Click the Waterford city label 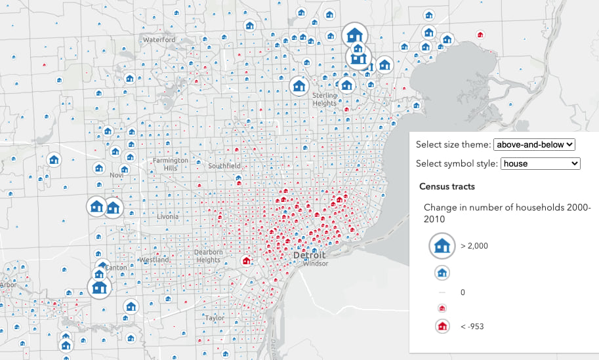[x=159, y=40]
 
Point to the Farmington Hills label [x=170, y=164]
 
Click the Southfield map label [x=224, y=167]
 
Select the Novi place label [x=117, y=175]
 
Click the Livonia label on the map [x=167, y=216]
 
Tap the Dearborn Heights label [x=208, y=256]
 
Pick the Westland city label [x=155, y=260]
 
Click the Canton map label [x=116, y=268]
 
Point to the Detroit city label [x=310, y=254]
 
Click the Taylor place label [x=215, y=317]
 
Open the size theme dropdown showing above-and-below [x=534, y=144]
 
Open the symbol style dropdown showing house [x=540, y=163]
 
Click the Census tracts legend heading [x=447, y=186]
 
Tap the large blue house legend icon [x=442, y=246]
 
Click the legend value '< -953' [x=472, y=326]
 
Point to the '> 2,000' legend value [x=474, y=246]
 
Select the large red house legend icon [x=442, y=326]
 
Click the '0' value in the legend [x=463, y=292]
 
